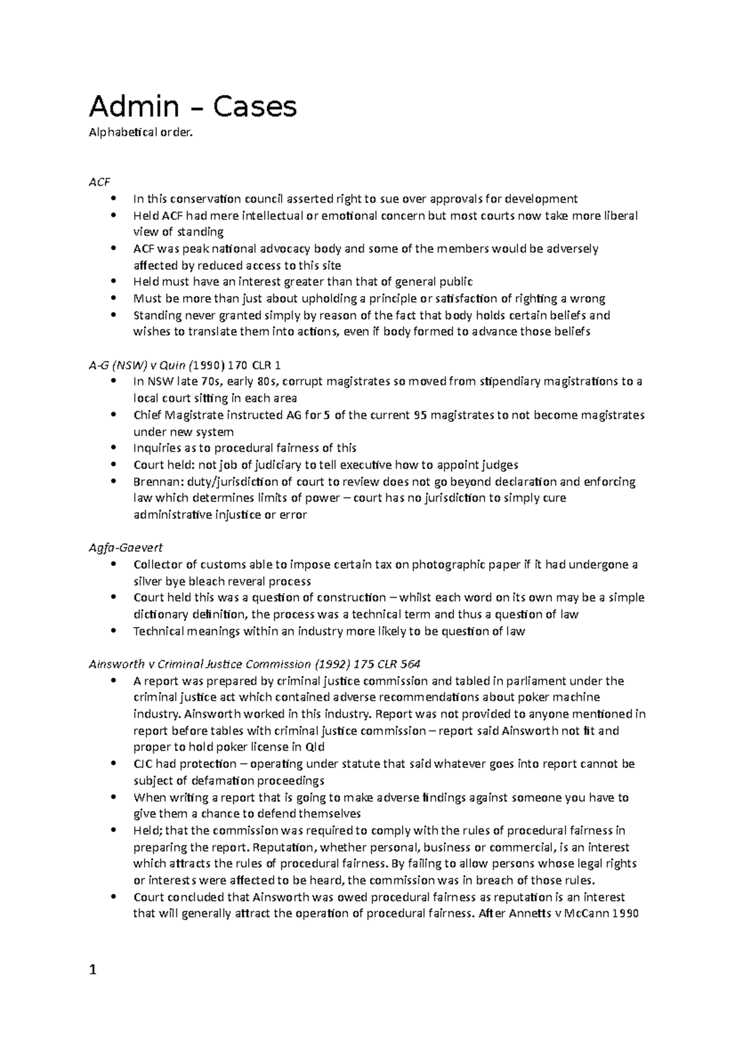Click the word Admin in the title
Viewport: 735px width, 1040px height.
tap(134, 107)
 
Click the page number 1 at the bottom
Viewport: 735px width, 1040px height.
tap(93, 970)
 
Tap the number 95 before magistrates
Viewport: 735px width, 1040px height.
tap(421, 415)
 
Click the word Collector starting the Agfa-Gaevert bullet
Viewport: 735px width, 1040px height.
tap(158, 565)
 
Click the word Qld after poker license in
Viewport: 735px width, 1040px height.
tap(314, 747)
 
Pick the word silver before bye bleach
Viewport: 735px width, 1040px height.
tap(148, 581)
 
